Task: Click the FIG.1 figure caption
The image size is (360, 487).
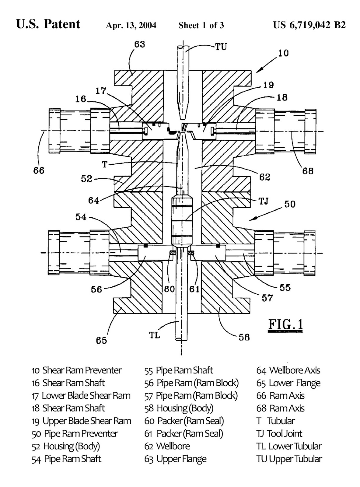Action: [285, 325]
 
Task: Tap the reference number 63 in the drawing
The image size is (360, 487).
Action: [140, 44]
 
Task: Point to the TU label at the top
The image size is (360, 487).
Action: [221, 47]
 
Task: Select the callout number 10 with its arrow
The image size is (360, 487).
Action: [283, 53]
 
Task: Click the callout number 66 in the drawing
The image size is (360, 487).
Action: [39, 170]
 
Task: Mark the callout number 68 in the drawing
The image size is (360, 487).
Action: [308, 171]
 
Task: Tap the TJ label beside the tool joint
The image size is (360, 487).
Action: [264, 201]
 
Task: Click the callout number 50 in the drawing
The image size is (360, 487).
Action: [290, 204]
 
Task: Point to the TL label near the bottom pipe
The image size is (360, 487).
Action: [155, 335]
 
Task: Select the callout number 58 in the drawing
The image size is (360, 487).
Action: [244, 337]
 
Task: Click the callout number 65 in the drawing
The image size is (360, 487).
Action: [101, 340]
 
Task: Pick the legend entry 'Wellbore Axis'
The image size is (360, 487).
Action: [288, 370]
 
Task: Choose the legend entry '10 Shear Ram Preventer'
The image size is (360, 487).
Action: [76, 370]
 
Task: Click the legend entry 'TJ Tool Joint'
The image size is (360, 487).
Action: [279, 433]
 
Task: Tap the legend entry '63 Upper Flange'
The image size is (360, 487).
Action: [175, 459]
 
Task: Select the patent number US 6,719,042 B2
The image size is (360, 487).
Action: [309, 25]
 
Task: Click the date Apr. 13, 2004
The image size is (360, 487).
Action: [131, 25]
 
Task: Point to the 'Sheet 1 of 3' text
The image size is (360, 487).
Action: [201, 25]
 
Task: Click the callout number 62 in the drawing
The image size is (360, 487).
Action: [264, 177]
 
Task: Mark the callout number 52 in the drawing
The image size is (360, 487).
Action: [86, 179]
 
